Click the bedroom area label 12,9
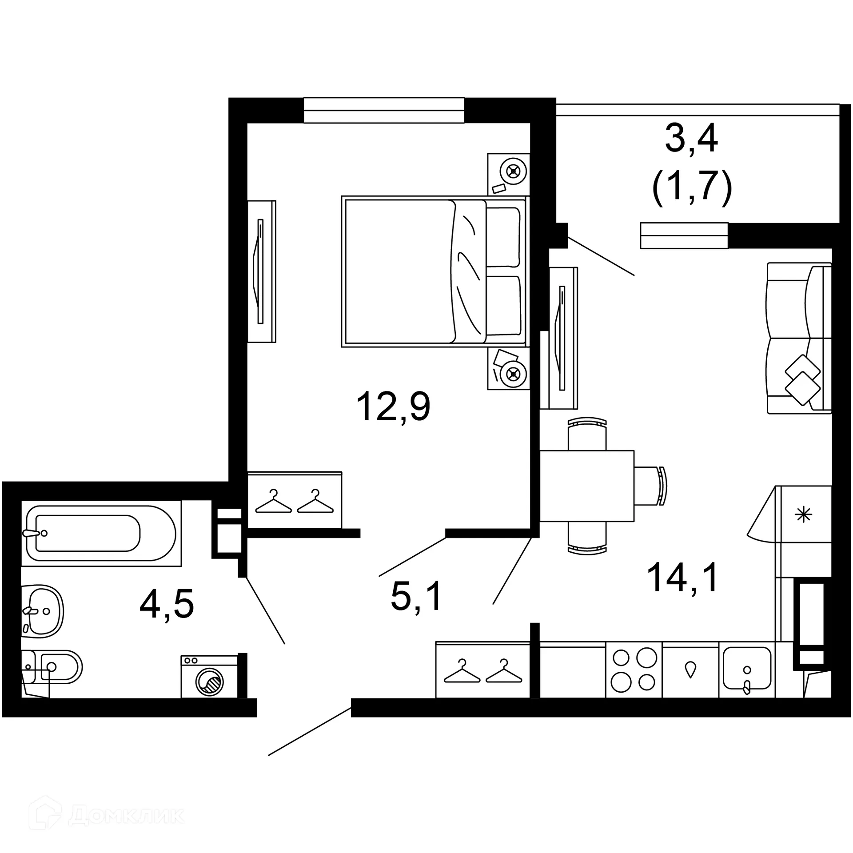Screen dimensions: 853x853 393,407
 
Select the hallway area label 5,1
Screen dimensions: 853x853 416,596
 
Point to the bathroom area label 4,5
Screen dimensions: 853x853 167,604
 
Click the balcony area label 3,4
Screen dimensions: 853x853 691,140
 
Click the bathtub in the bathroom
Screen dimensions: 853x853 101,533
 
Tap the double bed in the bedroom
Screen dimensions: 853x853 433,272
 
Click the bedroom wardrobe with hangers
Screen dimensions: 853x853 294,500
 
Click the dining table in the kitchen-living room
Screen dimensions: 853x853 586,486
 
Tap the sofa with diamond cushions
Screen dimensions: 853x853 799,338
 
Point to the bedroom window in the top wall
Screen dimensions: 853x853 384,110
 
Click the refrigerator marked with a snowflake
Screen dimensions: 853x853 803,514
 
